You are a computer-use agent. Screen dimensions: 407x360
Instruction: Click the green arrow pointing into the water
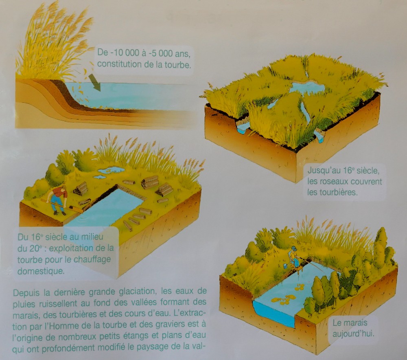click(95, 83)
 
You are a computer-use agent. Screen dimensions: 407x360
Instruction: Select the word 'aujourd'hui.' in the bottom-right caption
click(354, 334)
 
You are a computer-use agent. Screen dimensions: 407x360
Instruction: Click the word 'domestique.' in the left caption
click(41, 271)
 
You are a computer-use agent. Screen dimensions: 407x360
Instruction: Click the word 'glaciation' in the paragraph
click(138, 292)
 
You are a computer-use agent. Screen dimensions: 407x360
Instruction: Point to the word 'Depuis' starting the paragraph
click(26, 293)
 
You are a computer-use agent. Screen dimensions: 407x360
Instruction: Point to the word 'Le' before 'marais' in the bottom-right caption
click(337, 323)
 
